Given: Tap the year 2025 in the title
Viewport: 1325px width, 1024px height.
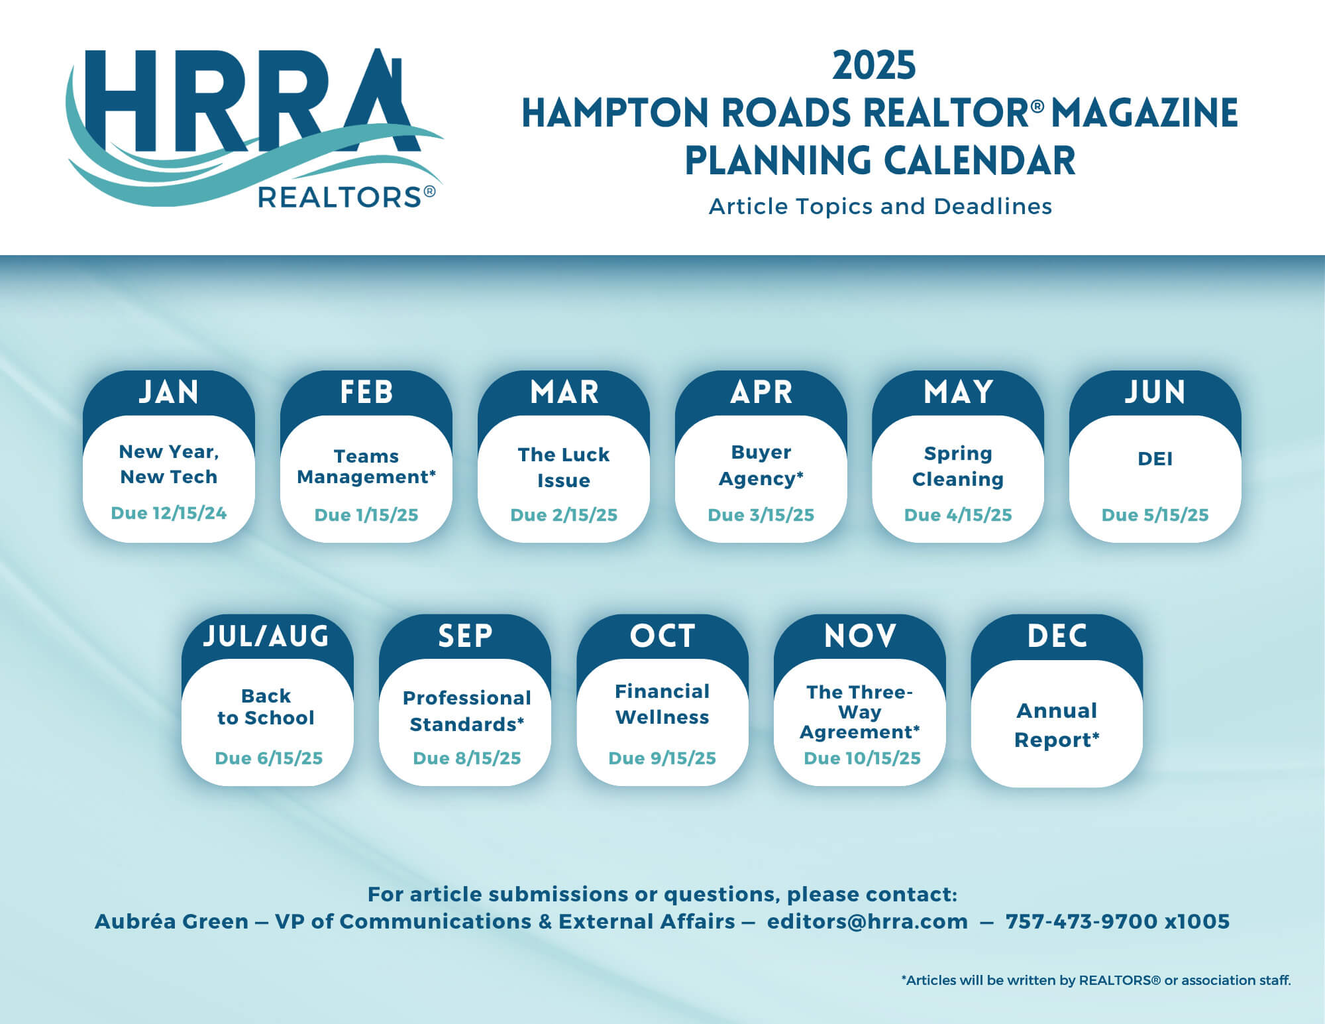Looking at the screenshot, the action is click(x=874, y=66).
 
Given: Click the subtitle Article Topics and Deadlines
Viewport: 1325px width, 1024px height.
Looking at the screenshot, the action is click(x=880, y=206).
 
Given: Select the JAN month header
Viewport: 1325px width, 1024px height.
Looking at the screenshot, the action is click(x=169, y=392).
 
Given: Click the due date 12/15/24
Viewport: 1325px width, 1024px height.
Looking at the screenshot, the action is click(x=169, y=513).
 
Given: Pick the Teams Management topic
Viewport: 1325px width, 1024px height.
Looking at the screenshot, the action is click(x=366, y=467).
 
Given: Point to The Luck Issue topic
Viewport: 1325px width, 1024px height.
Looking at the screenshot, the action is click(x=564, y=467).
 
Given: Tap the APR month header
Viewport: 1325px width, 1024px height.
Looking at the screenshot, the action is click(x=761, y=392).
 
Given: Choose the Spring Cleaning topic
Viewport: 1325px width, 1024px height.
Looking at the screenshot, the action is click(x=958, y=466).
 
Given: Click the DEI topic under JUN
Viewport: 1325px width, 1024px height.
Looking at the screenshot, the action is click(x=1155, y=459).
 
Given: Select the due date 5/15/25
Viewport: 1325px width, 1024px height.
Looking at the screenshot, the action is click(x=1155, y=515).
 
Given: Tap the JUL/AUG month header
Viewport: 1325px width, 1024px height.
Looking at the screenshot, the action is click(x=266, y=636).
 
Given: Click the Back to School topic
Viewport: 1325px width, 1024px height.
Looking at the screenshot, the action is click(x=266, y=707).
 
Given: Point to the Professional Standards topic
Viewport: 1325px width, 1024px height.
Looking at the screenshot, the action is click(x=467, y=711).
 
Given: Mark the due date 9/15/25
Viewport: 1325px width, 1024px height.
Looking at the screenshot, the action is click(x=662, y=758).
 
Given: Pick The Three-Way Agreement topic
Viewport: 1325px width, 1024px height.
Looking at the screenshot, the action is click(x=860, y=712).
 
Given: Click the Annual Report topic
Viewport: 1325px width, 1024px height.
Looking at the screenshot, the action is click(x=1057, y=725).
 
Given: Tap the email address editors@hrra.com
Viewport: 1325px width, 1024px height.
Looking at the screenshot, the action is click(x=867, y=921).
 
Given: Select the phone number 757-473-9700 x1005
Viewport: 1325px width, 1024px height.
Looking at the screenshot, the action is click(x=1118, y=921).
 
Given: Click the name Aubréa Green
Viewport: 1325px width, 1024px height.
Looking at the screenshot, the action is click(x=172, y=921).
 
